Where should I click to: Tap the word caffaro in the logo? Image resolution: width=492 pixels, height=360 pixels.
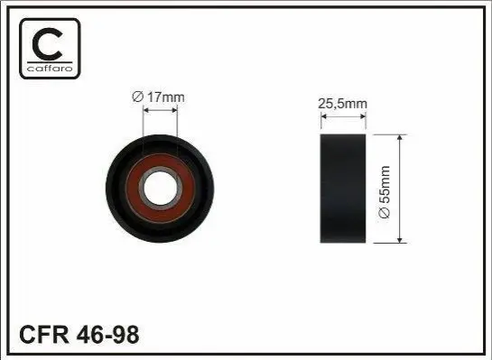pos(50,69)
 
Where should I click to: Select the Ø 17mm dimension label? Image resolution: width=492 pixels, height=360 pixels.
pos(159,97)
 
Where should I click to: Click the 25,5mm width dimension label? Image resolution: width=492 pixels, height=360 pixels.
pos(342,104)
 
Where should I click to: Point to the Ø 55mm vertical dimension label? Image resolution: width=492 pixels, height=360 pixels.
pos(384,191)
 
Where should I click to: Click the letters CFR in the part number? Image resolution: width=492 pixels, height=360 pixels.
pos(44,335)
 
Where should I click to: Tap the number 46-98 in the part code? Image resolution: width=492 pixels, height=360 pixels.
pos(107,335)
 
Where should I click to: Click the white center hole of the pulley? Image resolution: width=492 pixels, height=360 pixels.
pos(160,189)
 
